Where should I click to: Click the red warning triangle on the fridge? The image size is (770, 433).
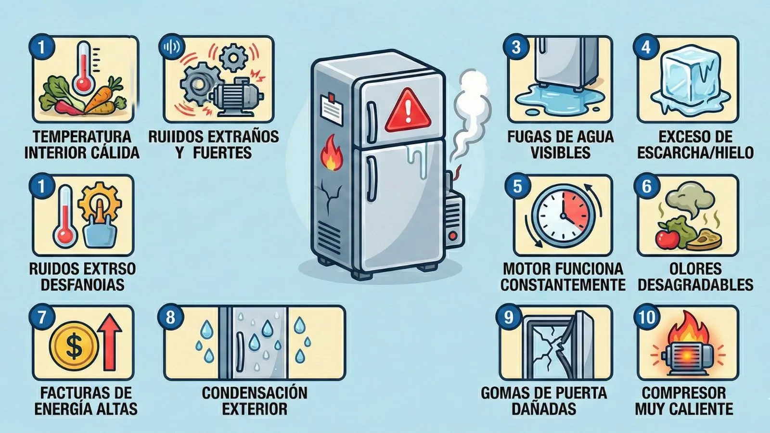(x=408, y=113)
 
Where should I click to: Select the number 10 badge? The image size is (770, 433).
(x=647, y=317)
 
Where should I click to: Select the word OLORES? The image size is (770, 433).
(x=695, y=268)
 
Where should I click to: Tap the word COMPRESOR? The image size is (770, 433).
(x=684, y=393)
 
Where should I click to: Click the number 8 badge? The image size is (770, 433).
(x=170, y=317)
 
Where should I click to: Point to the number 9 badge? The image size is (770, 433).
(x=509, y=317)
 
